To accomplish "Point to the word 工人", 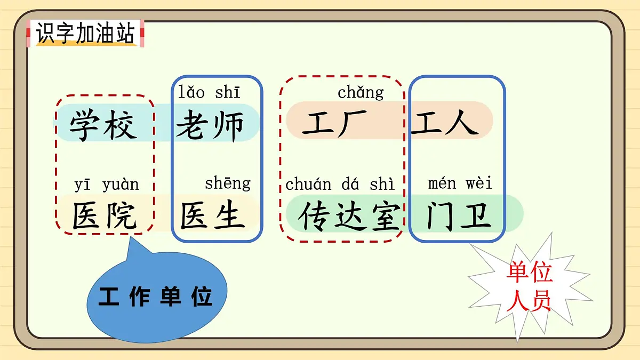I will coord(444,123).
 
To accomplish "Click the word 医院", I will coord(105,215).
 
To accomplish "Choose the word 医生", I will coord(212,215).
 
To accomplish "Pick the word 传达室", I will coord(349,216).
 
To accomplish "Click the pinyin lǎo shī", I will coord(209,92).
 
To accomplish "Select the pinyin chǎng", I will coord(361,92).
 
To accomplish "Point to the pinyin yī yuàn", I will coord(106,185).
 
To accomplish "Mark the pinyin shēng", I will coord(227,183).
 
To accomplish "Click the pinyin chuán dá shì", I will coord(340,185).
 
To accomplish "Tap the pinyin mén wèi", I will coord(460,183).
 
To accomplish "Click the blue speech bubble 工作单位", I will coord(156,296).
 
